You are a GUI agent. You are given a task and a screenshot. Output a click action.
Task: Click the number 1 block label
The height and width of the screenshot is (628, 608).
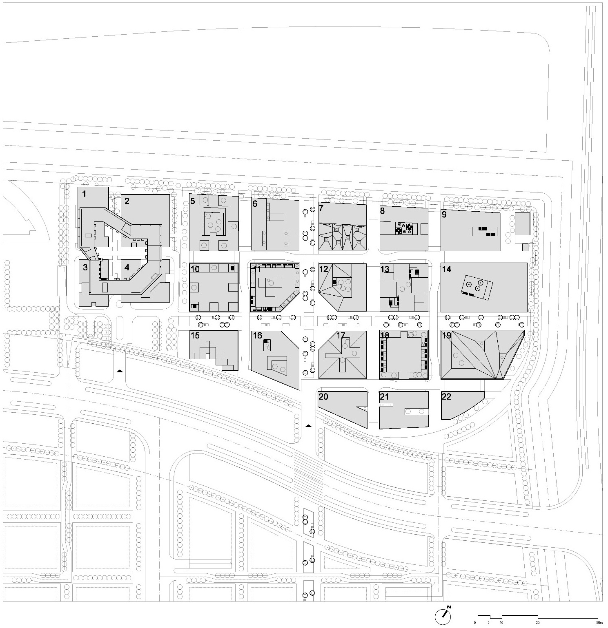(x=84, y=194)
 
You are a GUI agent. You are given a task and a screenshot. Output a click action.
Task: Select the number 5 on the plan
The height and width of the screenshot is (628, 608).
(x=192, y=201)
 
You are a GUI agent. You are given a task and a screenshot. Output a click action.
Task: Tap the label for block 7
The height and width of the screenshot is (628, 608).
(x=321, y=208)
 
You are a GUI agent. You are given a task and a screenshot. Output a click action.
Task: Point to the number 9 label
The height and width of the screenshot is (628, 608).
(x=444, y=214)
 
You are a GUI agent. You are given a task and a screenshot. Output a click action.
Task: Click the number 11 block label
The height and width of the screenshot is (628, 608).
(x=257, y=269)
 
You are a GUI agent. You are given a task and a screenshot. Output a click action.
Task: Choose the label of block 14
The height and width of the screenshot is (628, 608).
(x=446, y=269)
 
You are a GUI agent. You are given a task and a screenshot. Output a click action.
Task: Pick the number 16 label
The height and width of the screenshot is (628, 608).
(x=257, y=336)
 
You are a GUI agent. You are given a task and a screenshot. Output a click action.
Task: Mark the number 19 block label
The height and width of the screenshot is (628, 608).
(x=446, y=336)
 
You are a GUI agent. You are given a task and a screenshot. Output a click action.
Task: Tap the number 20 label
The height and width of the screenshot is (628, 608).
(x=323, y=397)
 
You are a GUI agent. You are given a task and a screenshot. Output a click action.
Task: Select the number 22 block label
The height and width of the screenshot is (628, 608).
(x=446, y=396)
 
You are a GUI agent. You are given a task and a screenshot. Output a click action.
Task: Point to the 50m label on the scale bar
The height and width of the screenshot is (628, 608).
(x=599, y=623)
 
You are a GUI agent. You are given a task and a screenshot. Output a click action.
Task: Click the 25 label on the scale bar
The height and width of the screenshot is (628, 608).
(x=538, y=623)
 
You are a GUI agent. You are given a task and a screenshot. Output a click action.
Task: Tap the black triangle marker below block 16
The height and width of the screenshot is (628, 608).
(x=308, y=425)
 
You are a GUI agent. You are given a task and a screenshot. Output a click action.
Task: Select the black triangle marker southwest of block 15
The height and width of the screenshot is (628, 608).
(x=120, y=371)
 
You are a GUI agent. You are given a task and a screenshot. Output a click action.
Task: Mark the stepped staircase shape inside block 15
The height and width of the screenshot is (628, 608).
(x=216, y=354)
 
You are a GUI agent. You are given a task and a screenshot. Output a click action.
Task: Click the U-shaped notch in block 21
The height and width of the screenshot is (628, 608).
(x=416, y=412)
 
